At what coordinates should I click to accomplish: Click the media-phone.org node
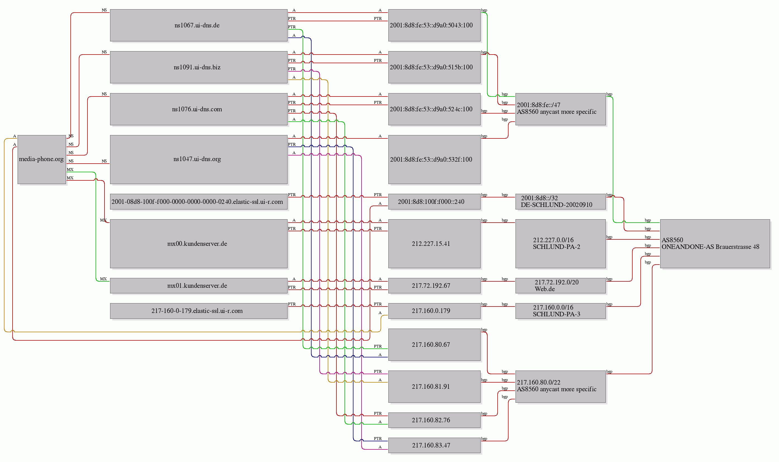coord(42,159)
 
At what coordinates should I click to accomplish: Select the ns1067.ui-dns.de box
coord(199,25)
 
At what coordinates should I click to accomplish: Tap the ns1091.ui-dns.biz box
coord(199,67)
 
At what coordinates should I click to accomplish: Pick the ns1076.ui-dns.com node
coord(199,109)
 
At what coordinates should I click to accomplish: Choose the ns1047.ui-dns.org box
coord(199,159)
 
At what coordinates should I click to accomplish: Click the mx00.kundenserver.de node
coord(199,244)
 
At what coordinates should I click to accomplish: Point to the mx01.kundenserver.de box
coord(199,286)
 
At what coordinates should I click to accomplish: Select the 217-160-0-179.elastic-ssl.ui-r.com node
coord(199,311)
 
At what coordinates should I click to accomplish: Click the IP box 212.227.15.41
coord(434,244)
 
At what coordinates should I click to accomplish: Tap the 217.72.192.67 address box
coord(434,286)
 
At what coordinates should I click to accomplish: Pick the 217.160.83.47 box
coord(434,445)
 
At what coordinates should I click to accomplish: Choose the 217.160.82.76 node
coord(434,420)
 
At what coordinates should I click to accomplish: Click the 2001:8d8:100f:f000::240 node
coord(434,202)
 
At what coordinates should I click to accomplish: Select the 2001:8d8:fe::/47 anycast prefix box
coord(561,109)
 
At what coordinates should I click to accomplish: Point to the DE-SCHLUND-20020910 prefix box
coord(561,202)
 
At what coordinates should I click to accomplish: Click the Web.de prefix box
coord(561,286)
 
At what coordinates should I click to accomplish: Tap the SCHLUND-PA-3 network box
coord(561,311)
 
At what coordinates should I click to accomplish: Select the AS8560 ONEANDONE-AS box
coord(715,244)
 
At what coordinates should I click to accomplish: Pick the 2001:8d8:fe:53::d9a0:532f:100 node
coord(434,159)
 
